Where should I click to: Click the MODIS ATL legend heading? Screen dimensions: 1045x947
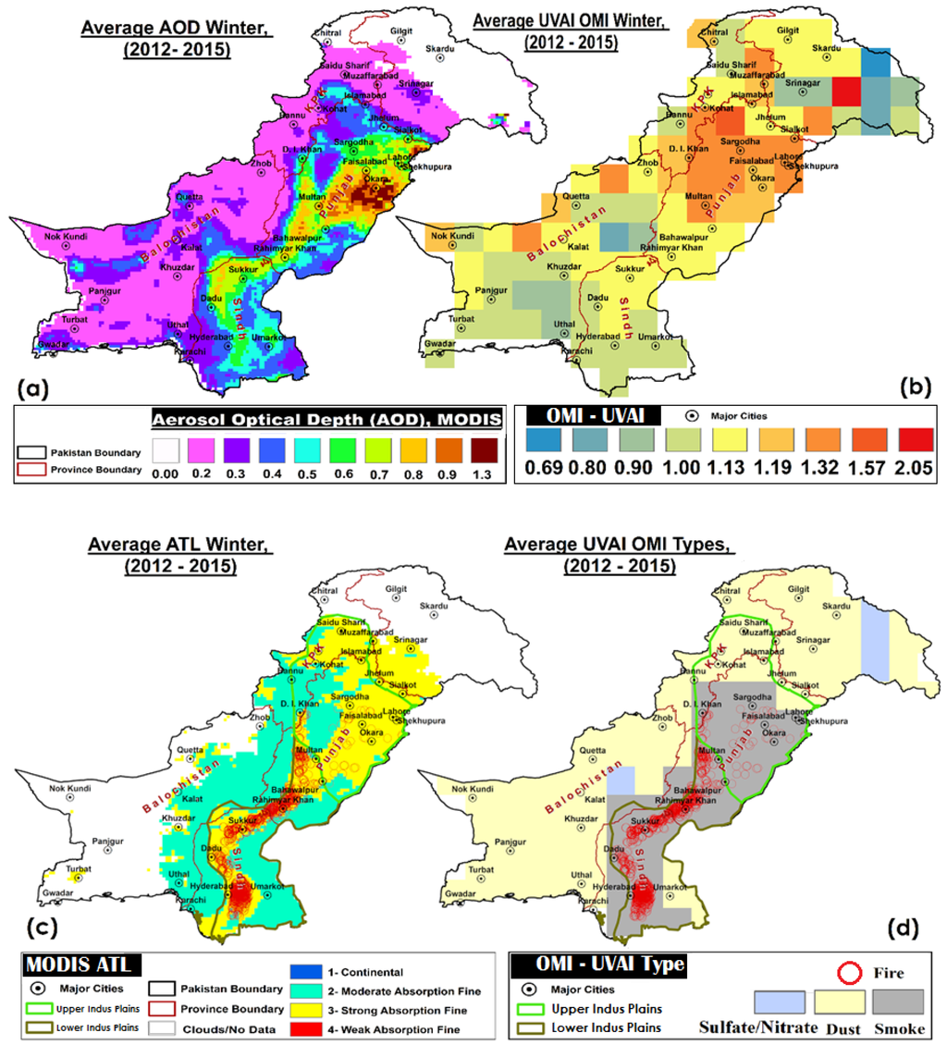[x=77, y=965]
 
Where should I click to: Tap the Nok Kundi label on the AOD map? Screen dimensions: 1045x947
[x=66, y=238]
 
